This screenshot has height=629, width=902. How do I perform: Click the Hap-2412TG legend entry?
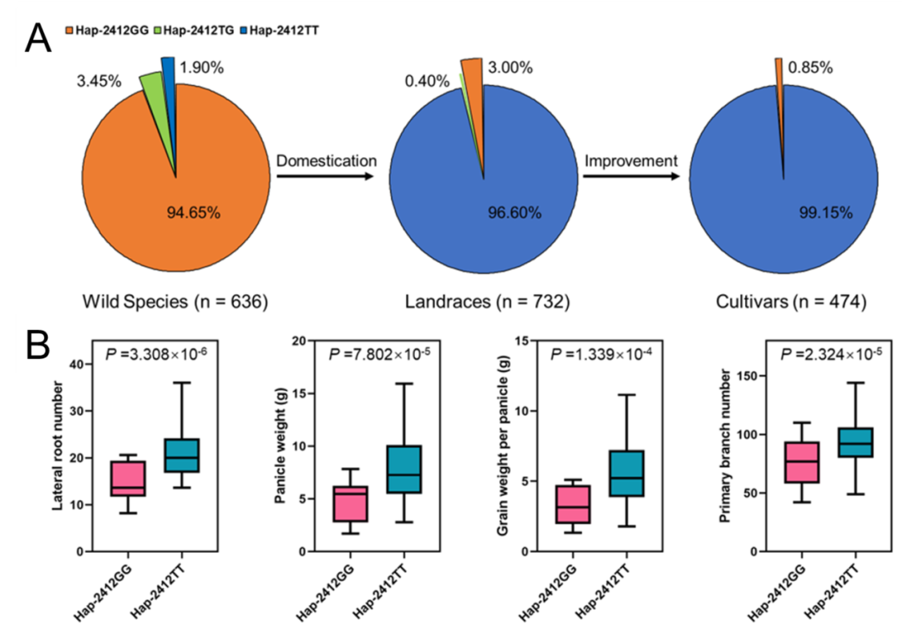(x=196, y=32)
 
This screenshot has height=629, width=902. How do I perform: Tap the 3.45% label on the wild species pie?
(x=98, y=82)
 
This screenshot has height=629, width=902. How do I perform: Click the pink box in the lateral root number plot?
(x=128, y=479)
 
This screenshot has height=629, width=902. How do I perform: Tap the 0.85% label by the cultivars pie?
(x=809, y=68)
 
